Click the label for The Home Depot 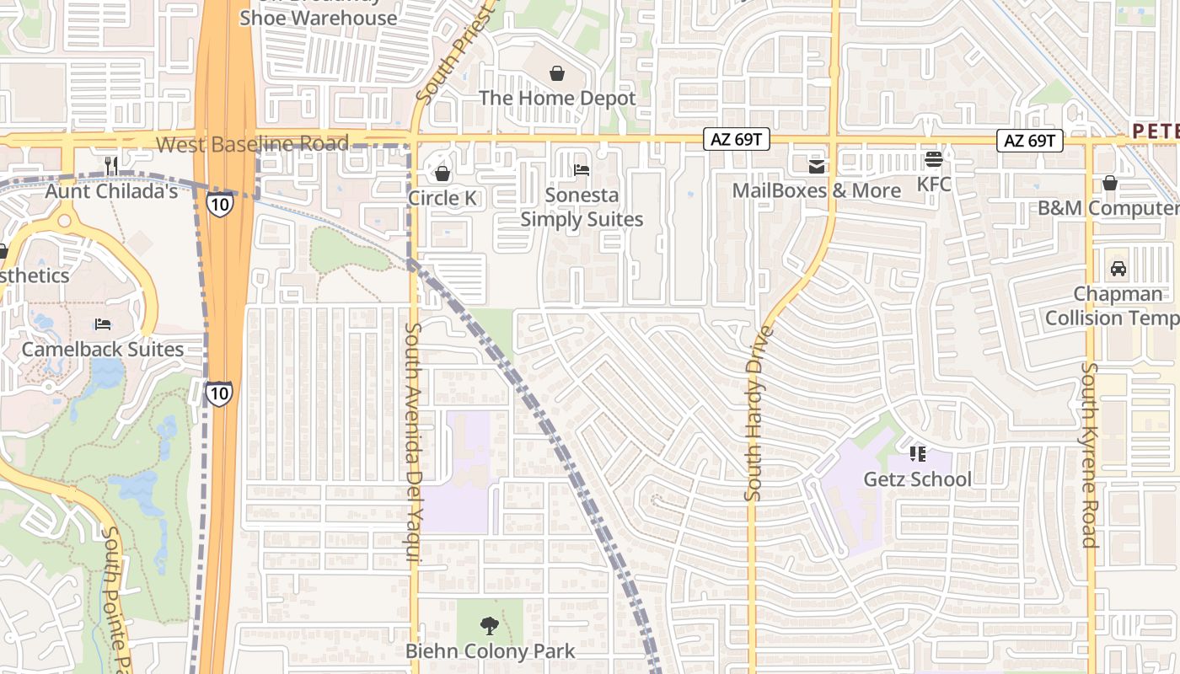[557, 98]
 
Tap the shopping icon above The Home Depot [557, 73]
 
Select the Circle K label [442, 198]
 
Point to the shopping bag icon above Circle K [442, 174]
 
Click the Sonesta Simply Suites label [582, 207]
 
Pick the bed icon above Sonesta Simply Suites [582, 170]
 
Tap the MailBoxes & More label [816, 190]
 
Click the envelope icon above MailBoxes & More [816, 166]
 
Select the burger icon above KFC [933, 158]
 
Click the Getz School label [918, 479]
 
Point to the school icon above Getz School [918, 455]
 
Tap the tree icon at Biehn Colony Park [489, 626]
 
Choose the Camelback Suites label [103, 349]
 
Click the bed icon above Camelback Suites [103, 324]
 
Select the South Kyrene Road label [1090, 455]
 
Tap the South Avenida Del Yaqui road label [413, 442]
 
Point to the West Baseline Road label [252, 144]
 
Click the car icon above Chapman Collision [1118, 269]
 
